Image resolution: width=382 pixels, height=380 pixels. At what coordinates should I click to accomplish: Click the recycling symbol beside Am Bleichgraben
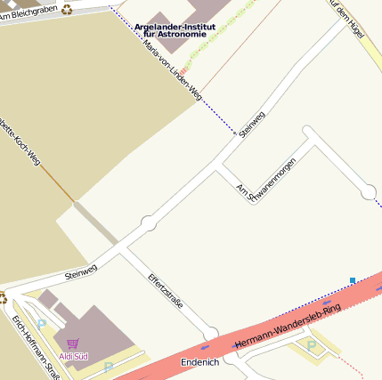click(x=67, y=11)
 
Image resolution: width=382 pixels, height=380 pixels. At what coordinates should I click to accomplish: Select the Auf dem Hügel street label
click(x=347, y=16)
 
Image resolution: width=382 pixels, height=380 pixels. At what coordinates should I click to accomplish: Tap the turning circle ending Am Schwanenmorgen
click(x=369, y=191)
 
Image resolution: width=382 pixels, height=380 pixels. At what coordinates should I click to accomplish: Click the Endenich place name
click(x=199, y=362)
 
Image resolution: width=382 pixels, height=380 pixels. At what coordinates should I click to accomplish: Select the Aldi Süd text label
click(x=73, y=356)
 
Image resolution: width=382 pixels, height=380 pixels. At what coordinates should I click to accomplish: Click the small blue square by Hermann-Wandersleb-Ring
click(x=353, y=280)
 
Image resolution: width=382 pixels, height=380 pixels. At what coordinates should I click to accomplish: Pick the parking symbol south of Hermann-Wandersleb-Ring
click(x=311, y=344)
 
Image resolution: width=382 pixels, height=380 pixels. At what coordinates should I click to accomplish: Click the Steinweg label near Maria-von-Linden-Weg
click(x=253, y=124)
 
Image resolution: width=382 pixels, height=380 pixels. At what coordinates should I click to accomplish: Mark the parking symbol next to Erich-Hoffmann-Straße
click(x=41, y=325)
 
